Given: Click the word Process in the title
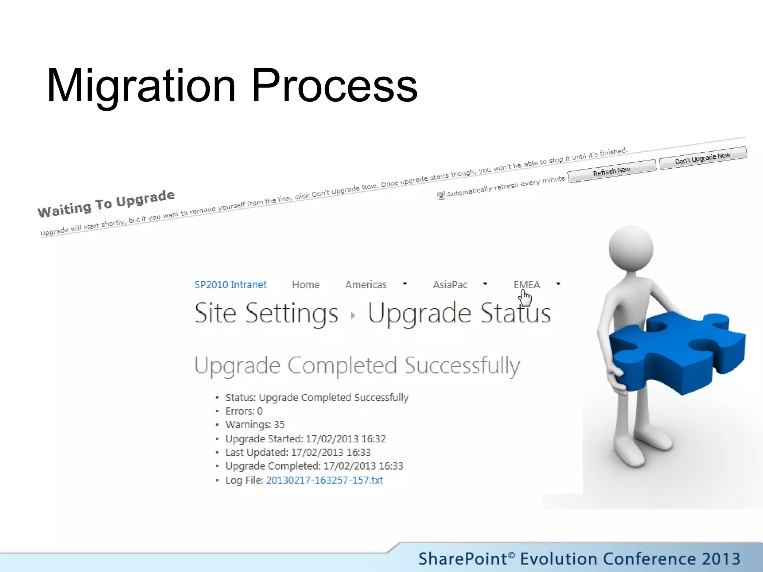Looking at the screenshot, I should pos(334,86).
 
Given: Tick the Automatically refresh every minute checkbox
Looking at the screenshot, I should pos(441,196).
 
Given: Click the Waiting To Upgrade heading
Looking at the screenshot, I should pos(106,203).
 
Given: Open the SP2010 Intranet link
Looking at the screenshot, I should pos(231,285).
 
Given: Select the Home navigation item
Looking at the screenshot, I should pos(306,285).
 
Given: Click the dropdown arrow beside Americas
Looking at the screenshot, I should pos(405,284).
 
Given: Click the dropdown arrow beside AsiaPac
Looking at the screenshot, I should pos(485,284).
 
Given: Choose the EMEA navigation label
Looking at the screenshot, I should pos(526,285).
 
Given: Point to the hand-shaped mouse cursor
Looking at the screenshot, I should pos(525,298).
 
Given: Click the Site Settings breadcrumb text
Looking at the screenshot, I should pos(266,313).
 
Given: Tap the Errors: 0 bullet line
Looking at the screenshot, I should pos(244,411).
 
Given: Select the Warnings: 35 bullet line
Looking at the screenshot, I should pos(255,425).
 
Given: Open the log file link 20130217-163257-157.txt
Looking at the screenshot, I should pos(324,480).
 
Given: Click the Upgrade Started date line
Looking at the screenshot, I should pos(305,439).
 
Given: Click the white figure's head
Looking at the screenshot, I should pos(631,248).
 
